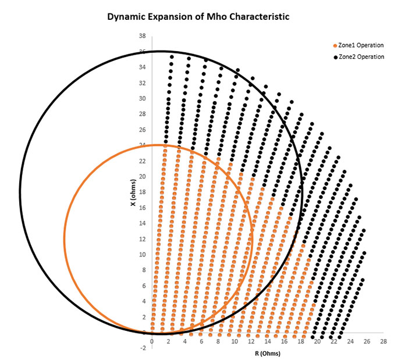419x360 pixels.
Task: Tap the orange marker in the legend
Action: pos(333,45)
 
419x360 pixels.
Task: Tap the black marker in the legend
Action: pos(333,56)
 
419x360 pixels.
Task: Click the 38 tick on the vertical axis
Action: pos(142,36)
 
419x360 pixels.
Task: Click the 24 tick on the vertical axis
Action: pos(142,145)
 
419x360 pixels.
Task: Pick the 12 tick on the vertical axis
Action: pos(142,239)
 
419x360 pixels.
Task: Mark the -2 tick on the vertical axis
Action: pos(142,348)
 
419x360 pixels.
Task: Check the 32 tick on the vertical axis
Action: pos(142,83)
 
